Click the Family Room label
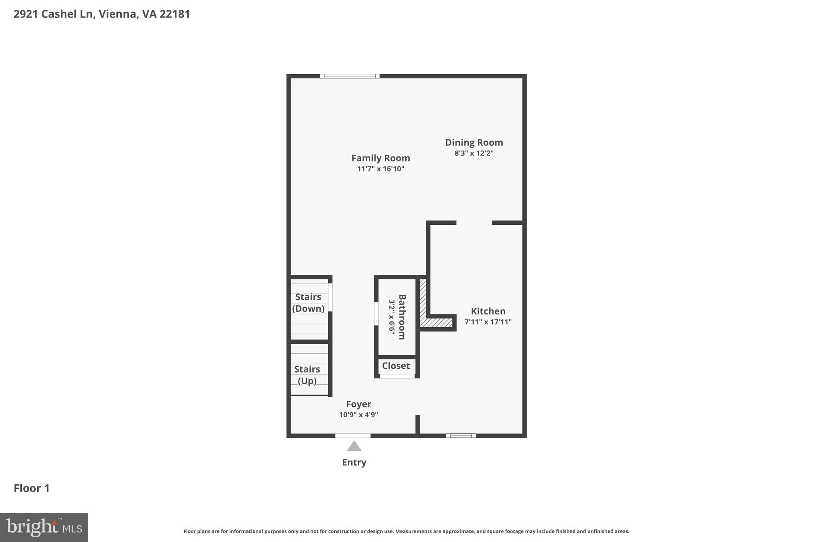380,158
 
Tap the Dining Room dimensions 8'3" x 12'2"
474,153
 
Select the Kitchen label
488,311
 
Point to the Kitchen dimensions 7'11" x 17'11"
488,322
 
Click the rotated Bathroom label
402,317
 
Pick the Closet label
396,366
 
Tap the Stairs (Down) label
308,303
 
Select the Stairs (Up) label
307,375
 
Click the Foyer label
358,404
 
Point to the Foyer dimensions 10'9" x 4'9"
358,415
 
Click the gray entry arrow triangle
354,447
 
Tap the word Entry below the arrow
354,462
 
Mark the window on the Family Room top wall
350,76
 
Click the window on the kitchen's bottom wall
460,436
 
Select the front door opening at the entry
353,436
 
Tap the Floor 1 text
32,488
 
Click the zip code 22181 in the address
175,14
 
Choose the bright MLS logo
44,527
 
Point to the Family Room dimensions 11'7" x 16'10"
380,169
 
